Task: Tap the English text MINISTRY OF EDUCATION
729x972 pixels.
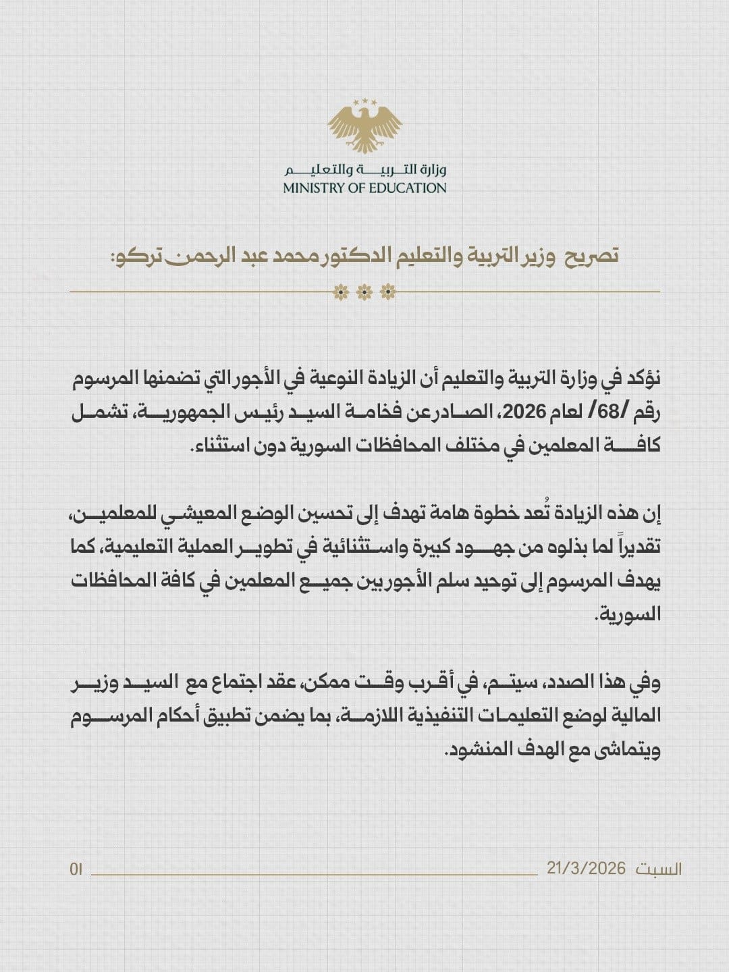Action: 364,188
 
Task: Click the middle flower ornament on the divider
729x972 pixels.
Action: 364,292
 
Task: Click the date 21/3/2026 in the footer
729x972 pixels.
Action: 587,869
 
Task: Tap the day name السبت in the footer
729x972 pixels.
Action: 659,869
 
